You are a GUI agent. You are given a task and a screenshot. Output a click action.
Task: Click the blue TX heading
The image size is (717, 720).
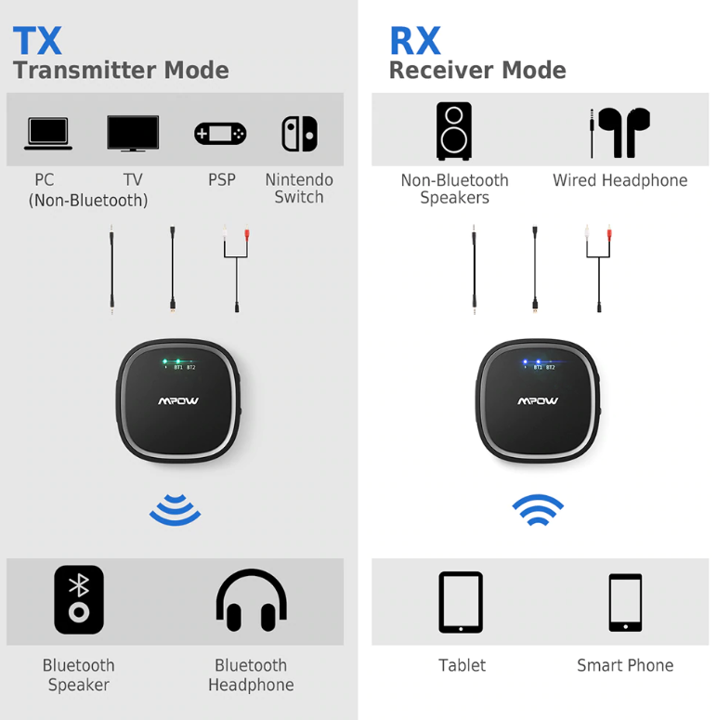(37, 40)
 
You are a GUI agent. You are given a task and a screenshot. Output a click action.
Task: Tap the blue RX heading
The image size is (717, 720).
(415, 40)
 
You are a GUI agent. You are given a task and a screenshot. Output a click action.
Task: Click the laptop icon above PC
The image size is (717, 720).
(48, 134)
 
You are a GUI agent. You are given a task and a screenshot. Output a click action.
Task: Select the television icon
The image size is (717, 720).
(133, 133)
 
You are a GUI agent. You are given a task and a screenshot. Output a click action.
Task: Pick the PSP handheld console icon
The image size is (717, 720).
(220, 134)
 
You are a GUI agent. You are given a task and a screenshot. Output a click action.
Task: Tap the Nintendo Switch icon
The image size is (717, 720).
(299, 134)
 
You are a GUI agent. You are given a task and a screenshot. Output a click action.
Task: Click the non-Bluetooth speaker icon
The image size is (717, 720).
(454, 131)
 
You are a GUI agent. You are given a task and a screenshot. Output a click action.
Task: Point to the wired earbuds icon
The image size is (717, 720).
(619, 133)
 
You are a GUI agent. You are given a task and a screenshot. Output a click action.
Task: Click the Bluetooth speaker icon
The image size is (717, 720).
(79, 600)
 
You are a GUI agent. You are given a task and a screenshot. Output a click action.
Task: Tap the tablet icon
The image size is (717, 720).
(461, 602)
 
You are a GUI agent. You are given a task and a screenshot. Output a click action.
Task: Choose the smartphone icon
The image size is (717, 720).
(625, 603)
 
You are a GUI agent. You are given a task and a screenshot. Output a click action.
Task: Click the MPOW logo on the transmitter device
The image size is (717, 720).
(178, 401)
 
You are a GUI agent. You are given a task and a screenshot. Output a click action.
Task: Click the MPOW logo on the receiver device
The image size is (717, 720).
(538, 401)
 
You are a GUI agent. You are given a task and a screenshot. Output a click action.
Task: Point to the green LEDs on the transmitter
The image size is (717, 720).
(172, 361)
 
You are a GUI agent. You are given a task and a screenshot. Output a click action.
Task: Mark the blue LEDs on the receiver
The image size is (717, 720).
(531, 361)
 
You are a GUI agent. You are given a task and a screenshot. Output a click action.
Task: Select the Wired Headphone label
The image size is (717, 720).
(620, 180)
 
